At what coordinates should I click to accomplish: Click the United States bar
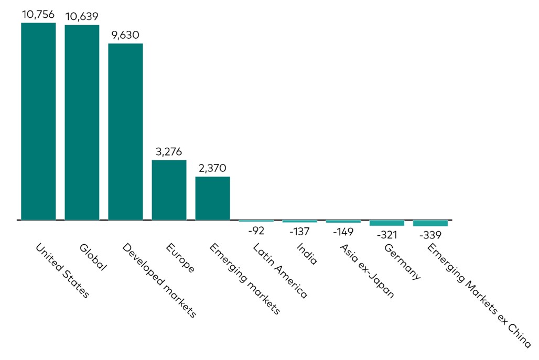coord(38,121)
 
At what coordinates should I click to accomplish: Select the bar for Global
coord(82,122)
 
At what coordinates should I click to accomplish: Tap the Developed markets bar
coord(125,132)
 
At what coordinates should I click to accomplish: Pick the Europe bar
coord(169,190)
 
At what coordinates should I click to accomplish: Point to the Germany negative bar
coord(387,223)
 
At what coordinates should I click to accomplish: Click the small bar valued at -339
coord(430,223)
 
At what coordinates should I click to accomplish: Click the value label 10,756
coord(38,15)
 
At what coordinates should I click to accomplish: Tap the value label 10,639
coord(82,16)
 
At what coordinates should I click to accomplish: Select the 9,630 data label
coord(125,35)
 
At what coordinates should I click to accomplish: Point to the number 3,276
coord(169,152)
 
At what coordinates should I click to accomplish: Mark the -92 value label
coord(256,231)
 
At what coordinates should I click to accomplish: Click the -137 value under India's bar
coord(299,232)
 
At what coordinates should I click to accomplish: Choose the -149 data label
coord(343,232)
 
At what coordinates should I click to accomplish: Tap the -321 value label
coord(387,235)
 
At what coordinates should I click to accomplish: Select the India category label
coord(307,254)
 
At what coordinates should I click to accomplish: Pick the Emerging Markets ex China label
coord(479,296)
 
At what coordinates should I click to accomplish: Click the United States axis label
coord(62,270)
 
